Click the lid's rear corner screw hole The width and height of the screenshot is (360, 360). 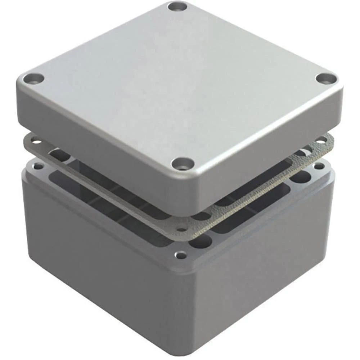tap(177, 6)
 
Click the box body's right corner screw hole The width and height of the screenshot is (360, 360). tap(318, 166)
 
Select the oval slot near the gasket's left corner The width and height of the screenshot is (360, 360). tap(59, 155)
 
